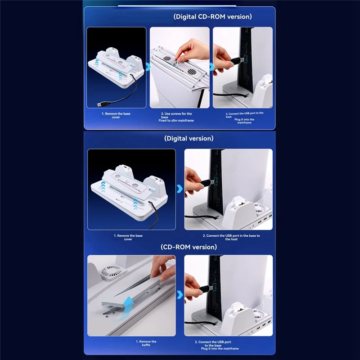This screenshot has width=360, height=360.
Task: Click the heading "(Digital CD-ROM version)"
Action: coord(212,17)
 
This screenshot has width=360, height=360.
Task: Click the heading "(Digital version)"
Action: coord(189,139)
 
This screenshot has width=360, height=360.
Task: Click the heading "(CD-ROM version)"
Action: coord(189,247)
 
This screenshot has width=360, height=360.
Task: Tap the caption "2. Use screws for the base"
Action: coord(176,115)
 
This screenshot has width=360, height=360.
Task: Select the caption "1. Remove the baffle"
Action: coord(146,343)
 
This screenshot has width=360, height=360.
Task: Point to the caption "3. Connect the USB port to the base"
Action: coord(244,115)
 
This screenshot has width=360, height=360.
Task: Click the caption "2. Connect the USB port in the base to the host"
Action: coord(231,238)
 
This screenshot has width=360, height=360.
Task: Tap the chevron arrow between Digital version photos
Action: coord(180,189)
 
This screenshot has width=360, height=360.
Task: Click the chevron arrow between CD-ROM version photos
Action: coord(180,295)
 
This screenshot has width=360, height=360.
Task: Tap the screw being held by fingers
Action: coord(176,63)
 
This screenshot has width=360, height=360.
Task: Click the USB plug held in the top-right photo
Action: coord(237,61)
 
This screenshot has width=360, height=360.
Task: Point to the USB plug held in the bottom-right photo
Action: coord(207,288)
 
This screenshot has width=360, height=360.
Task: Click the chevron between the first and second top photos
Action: coord(148,67)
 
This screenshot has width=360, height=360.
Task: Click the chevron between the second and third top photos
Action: coord(211,67)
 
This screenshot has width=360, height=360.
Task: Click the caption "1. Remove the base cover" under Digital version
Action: coord(128,238)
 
